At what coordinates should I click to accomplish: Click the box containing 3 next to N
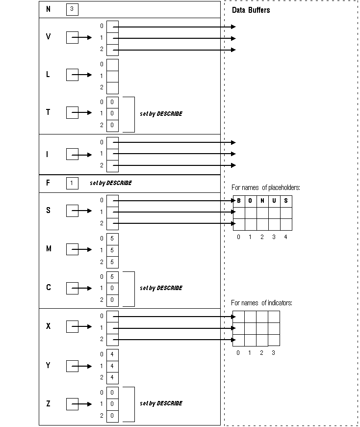tap(72, 9)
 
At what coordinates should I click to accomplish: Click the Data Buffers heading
tap(251, 10)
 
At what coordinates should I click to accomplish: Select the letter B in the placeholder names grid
tap(238, 201)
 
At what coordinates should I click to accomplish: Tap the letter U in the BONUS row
tap(274, 201)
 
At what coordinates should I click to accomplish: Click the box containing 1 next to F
tap(72, 183)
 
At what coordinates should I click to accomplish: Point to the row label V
tap(48, 37)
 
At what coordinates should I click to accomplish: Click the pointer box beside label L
tap(72, 75)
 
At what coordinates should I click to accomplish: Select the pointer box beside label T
tap(72, 112)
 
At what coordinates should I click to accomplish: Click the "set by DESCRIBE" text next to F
tap(111, 183)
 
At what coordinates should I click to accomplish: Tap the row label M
tap(49, 249)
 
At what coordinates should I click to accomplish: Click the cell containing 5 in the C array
tap(112, 276)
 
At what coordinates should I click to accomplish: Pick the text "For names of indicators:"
tap(261, 303)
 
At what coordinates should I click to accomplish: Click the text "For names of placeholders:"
tap(265, 187)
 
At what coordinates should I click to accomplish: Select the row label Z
tap(48, 404)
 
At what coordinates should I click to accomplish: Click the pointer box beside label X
tap(72, 326)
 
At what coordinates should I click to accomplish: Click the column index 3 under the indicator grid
tap(273, 352)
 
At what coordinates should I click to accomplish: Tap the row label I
tap(48, 155)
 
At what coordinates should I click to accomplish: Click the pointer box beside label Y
tap(72, 366)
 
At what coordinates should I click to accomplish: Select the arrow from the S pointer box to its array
tap(85, 211)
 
